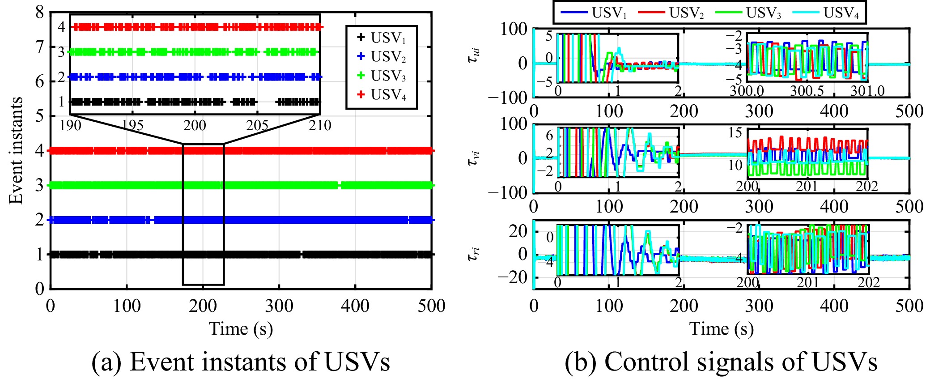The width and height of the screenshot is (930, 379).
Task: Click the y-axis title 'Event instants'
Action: pyautogui.click(x=16, y=150)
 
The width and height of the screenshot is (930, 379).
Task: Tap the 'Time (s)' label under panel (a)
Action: pyautogui.click(x=241, y=329)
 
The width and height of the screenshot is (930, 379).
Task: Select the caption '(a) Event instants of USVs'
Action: pyautogui.click(x=241, y=362)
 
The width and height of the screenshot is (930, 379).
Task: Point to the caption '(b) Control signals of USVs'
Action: pyautogui.click(x=721, y=362)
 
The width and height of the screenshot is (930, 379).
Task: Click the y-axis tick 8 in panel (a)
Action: pyautogui.click(x=40, y=12)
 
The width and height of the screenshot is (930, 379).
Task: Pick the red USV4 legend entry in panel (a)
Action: pyautogui.click(x=382, y=95)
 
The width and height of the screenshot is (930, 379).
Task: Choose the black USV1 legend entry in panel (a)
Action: pyautogui.click(x=382, y=38)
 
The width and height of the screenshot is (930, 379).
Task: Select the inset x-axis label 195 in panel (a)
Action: pyautogui.click(x=133, y=125)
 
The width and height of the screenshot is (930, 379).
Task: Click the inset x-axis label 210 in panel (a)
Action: pyautogui.click(x=320, y=125)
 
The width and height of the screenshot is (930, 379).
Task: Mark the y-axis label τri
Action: pyautogui.click(x=474, y=254)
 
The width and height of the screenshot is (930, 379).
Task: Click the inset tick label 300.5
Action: pyautogui.click(x=807, y=91)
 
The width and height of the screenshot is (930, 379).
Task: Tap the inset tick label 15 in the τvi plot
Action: pyautogui.click(x=735, y=132)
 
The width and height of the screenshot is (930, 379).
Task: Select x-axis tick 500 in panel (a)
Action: pyautogui.click(x=431, y=306)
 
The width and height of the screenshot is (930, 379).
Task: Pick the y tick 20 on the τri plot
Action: pyautogui.click(x=518, y=231)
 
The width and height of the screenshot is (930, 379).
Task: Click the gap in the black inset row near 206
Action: pyautogui.click(x=267, y=102)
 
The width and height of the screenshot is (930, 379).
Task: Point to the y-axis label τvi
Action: pyautogui.click(x=475, y=158)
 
